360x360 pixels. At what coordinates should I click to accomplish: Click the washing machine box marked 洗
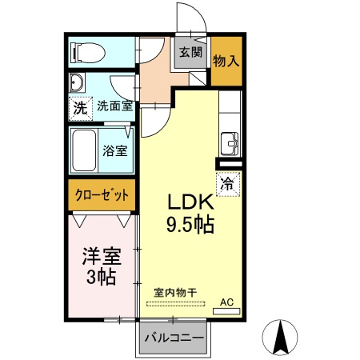(79, 106)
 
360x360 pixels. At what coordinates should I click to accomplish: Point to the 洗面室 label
(114, 106)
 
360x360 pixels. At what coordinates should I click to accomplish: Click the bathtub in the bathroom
(85, 150)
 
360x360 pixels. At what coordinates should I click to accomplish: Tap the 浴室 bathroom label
(114, 150)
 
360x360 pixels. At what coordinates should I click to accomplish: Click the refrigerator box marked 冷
(227, 183)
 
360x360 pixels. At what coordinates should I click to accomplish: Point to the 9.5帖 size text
(190, 225)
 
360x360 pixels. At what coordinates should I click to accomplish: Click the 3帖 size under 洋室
(102, 278)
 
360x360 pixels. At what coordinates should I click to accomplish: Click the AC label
(226, 302)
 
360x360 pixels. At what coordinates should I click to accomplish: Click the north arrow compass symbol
(281, 337)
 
